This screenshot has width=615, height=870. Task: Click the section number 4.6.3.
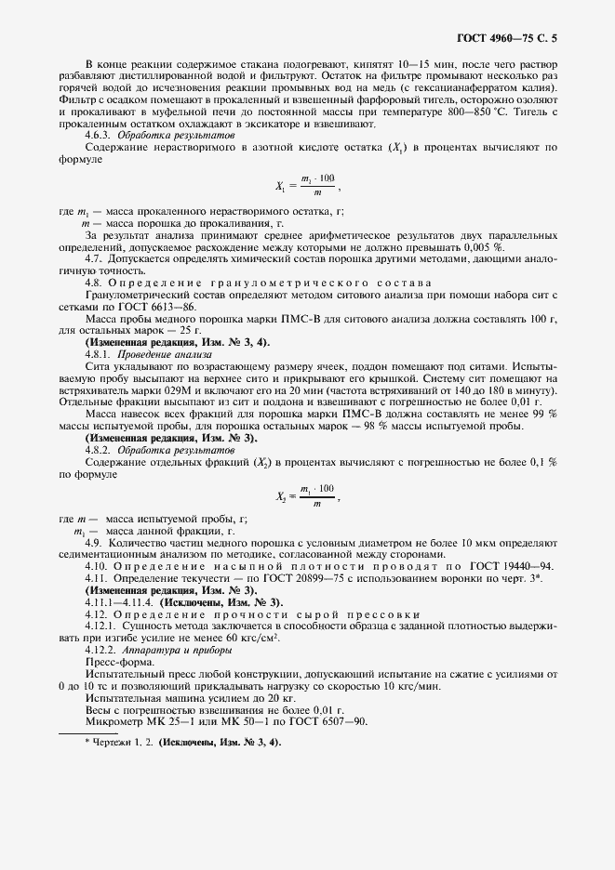point(101,135)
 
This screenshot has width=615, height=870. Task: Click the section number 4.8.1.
point(101,355)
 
